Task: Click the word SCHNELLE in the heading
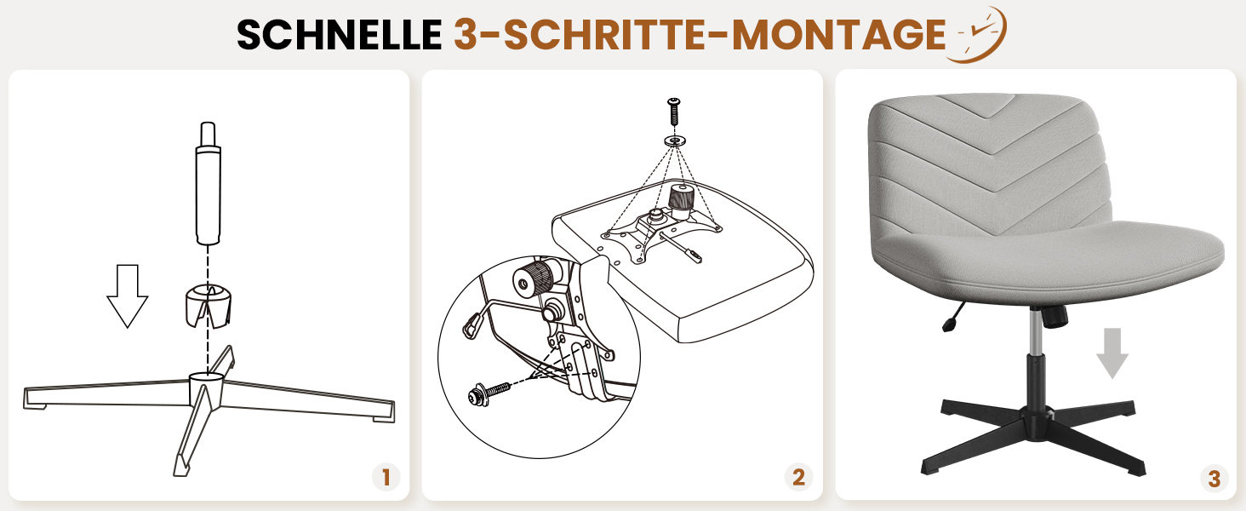click(340, 35)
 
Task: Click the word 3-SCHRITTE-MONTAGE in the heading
click(700, 35)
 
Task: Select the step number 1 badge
click(386, 477)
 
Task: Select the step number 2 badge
click(799, 477)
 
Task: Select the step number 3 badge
click(1215, 478)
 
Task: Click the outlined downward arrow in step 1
click(128, 296)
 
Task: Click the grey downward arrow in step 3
click(1112, 353)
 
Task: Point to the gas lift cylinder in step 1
click(208, 183)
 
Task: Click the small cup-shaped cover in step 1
click(208, 305)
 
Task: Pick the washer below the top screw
click(675, 141)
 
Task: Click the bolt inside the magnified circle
click(489, 393)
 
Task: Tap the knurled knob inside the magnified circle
click(533, 278)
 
